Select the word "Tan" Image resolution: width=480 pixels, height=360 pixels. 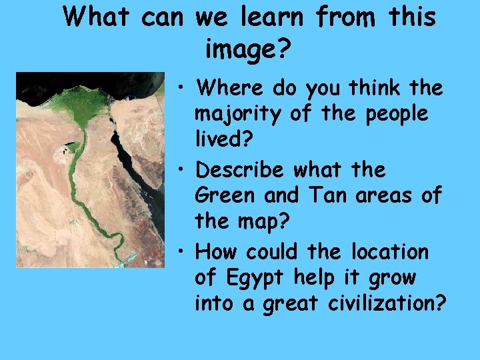[x=322, y=197]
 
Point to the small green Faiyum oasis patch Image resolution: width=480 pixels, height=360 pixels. [x=69, y=147]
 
